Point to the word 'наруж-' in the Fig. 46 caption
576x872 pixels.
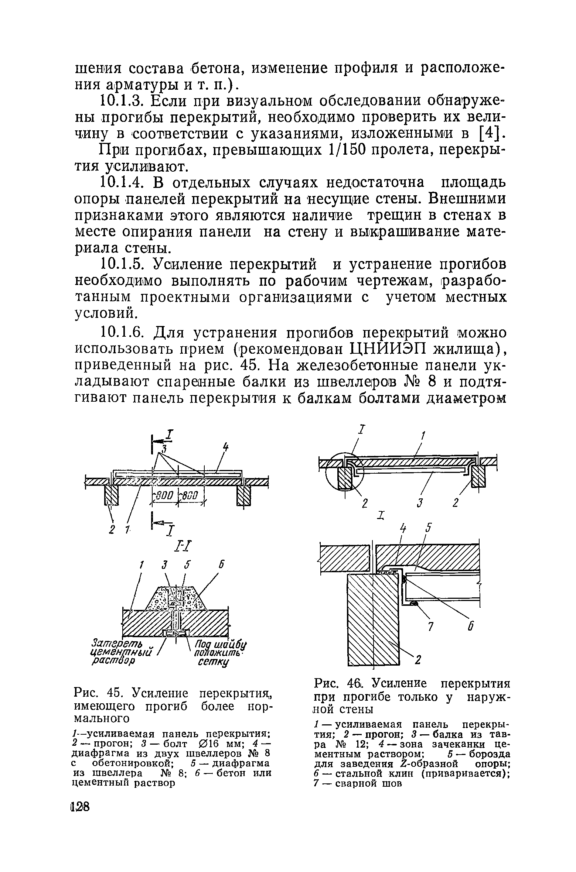(488, 697)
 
